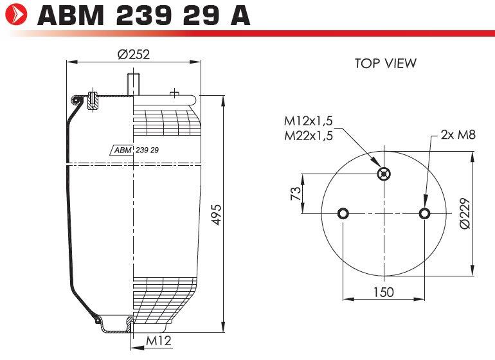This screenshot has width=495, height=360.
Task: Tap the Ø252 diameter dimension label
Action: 134,54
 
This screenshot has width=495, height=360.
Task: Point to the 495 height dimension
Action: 217,215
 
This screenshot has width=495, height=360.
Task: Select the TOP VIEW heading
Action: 386,63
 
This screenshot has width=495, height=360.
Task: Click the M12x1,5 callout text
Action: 309,121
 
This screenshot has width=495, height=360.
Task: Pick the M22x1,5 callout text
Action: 309,136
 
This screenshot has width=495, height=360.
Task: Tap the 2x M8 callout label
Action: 458,135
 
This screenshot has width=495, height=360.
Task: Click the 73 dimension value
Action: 296,194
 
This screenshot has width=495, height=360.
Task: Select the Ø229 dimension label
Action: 465,213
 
